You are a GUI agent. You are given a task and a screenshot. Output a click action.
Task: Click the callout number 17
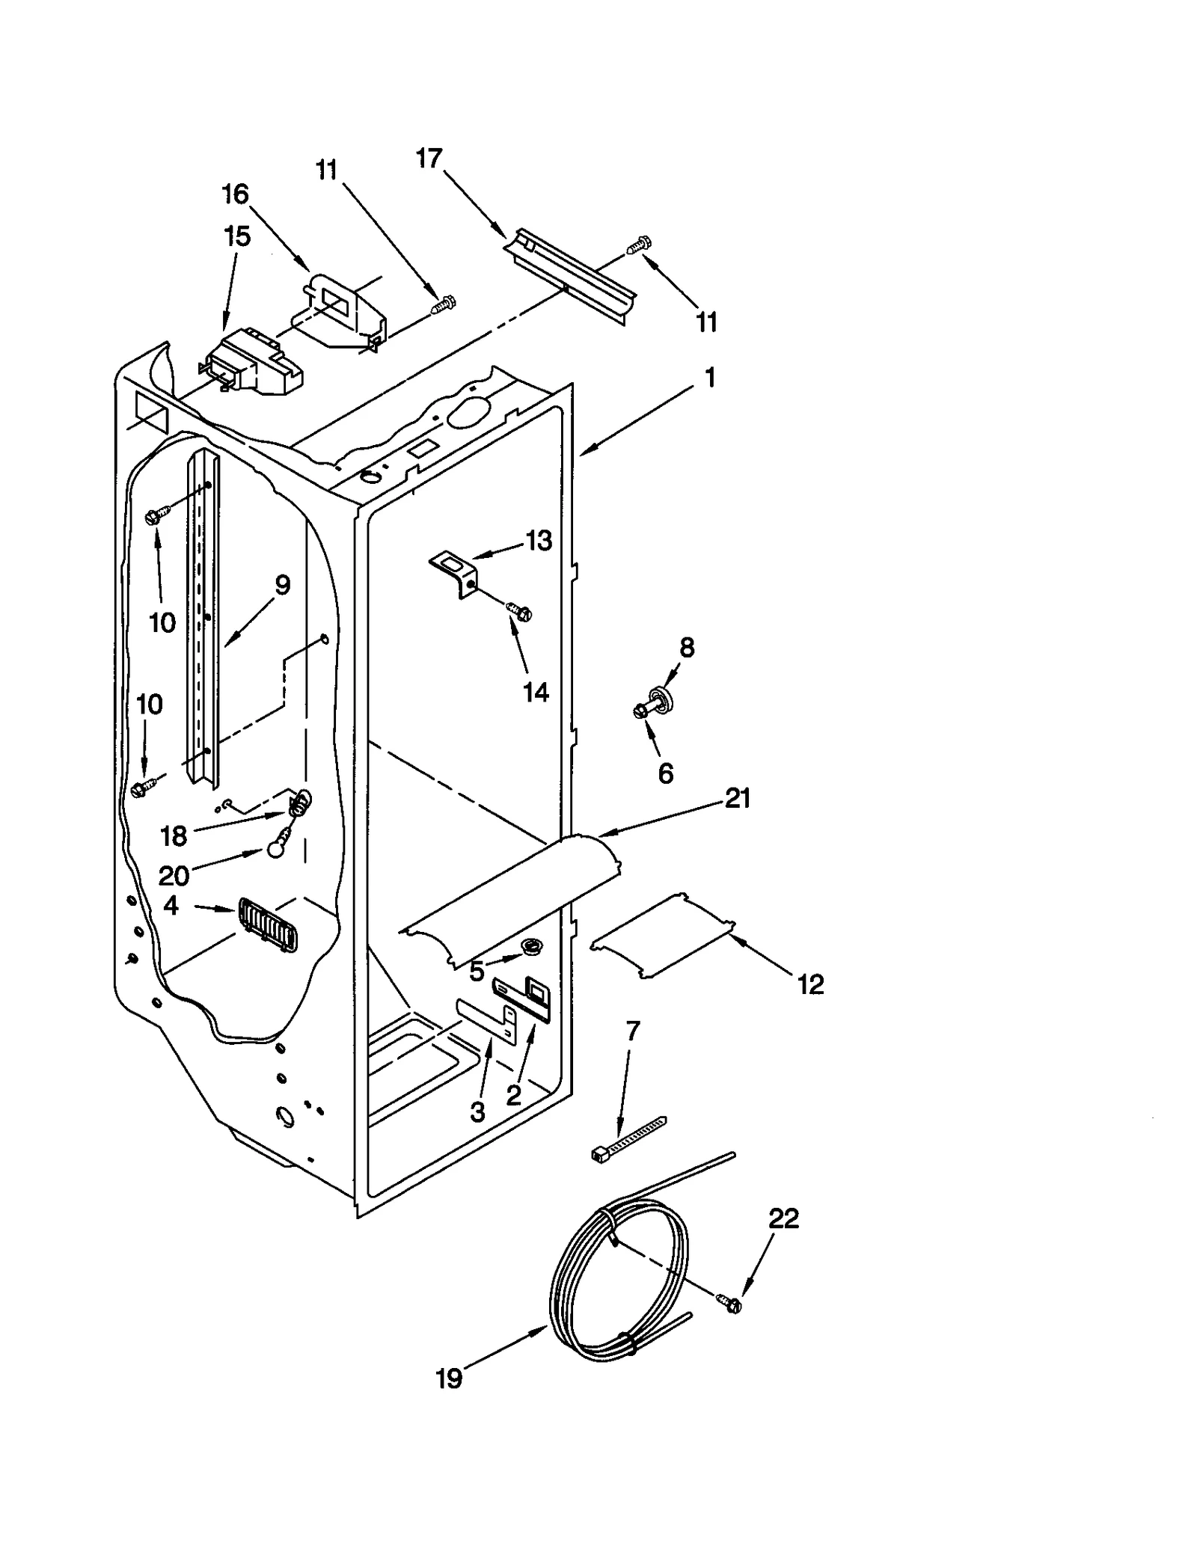click(x=429, y=159)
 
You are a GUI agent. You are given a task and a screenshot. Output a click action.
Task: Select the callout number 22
click(x=783, y=1219)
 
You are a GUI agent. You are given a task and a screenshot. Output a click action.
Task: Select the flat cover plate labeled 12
click(x=662, y=934)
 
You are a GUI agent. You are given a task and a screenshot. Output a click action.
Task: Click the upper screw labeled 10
click(x=159, y=514)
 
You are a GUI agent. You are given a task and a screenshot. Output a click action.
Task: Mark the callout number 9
click(x=282, y=585)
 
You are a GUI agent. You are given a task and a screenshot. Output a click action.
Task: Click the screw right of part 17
click(x=639, y=245)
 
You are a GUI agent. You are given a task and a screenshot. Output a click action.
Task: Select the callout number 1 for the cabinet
click(x=710, y=377)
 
